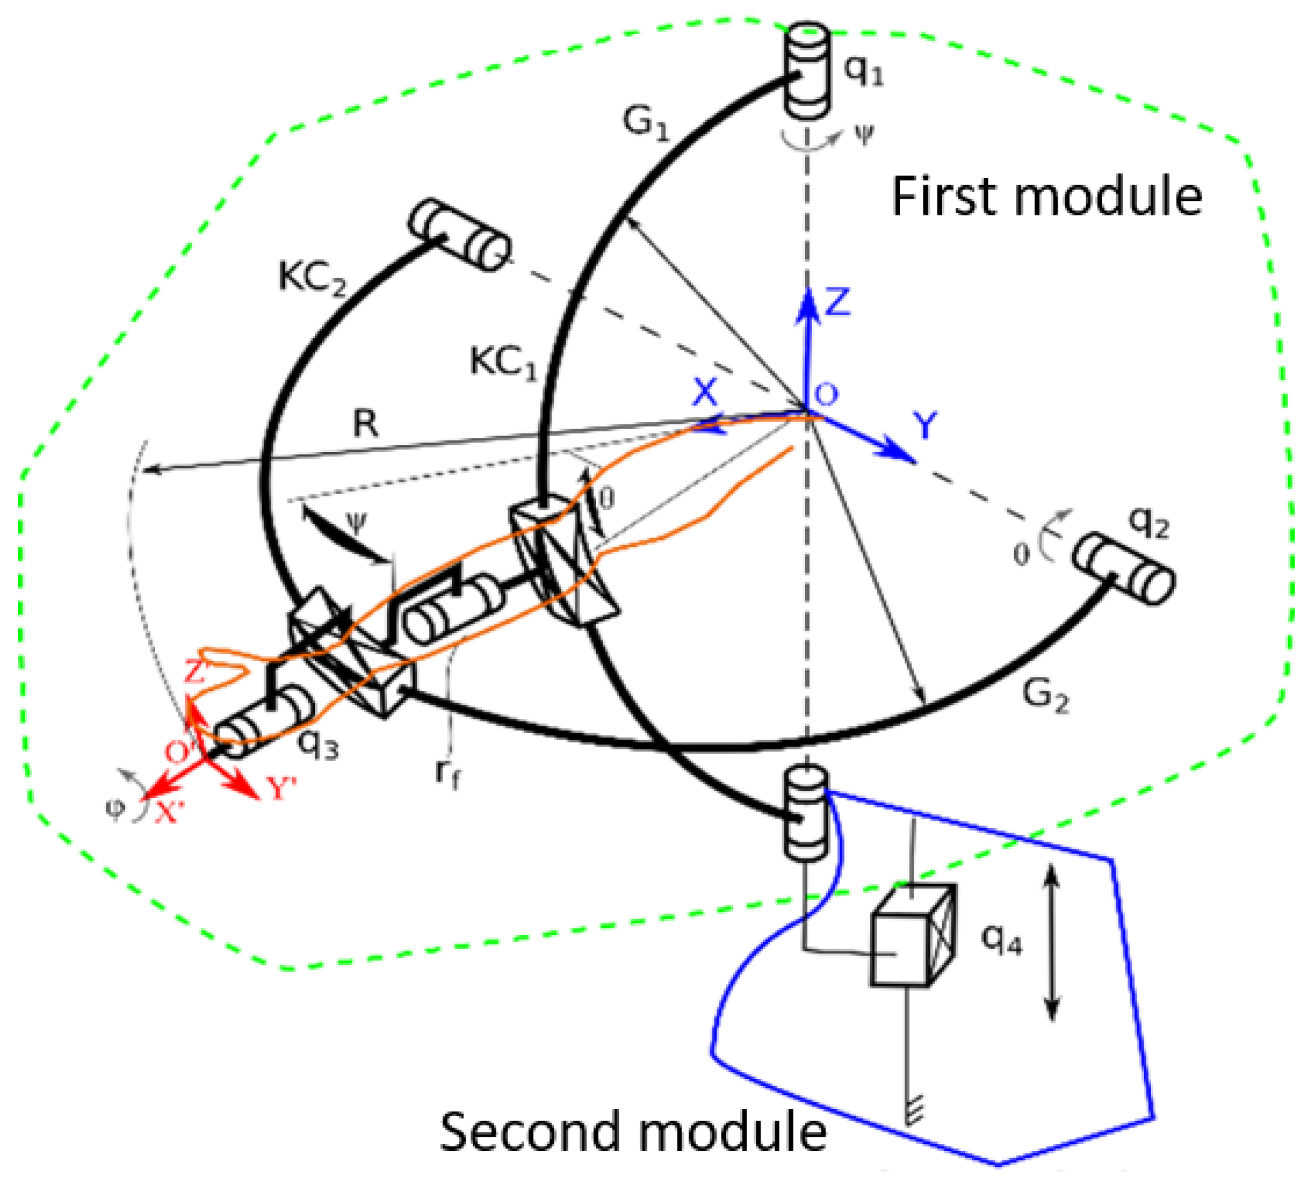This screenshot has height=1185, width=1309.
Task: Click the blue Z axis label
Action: coord(837,303)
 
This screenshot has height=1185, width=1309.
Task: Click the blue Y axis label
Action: coord(925,426)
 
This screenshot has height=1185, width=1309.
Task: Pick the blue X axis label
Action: coord(705,392)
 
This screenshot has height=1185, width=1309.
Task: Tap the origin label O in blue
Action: coord(826,394)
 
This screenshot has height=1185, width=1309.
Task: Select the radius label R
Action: coord(366,425)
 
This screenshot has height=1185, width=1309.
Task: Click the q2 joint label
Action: coord(1150,521)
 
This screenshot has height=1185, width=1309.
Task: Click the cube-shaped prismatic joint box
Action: coord(912,936)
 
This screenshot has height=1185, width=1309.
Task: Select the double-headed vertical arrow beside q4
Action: coord(1052,941)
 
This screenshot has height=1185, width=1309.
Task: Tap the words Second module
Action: coord(633,1132)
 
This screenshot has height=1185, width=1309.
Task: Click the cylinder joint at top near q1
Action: coord(807,71)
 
